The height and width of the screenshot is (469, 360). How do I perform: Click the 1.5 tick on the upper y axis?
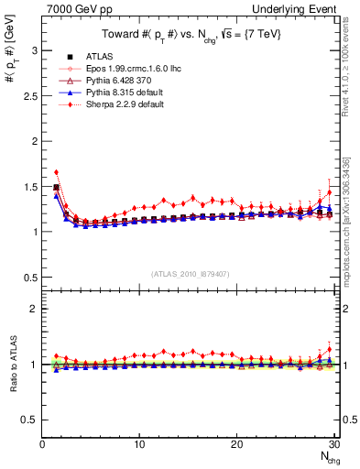29,186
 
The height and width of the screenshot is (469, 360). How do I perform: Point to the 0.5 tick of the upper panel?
29,277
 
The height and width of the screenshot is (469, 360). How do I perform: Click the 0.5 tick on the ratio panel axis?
29,420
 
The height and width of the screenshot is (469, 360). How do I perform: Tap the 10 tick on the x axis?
139,444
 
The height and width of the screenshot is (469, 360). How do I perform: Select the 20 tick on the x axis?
236,444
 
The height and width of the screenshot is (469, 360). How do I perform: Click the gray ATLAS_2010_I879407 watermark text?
191,274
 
